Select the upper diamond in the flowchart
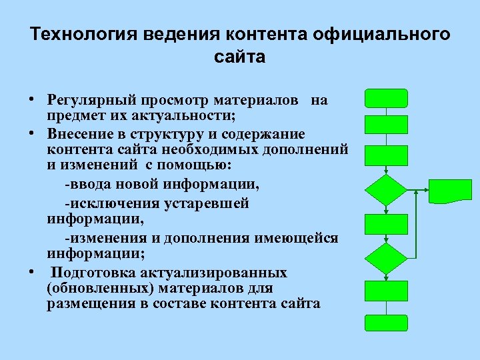pyautogui.click(x=386, y=189)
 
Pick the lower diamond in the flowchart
pyautogui.click(x=386, y=257)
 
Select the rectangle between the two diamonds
pyautogui.click(x=386, y=223)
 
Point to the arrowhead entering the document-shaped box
pyautogui.click(x=427, y=190)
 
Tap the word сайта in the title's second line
pyautogui.click(x=240, y=57)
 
